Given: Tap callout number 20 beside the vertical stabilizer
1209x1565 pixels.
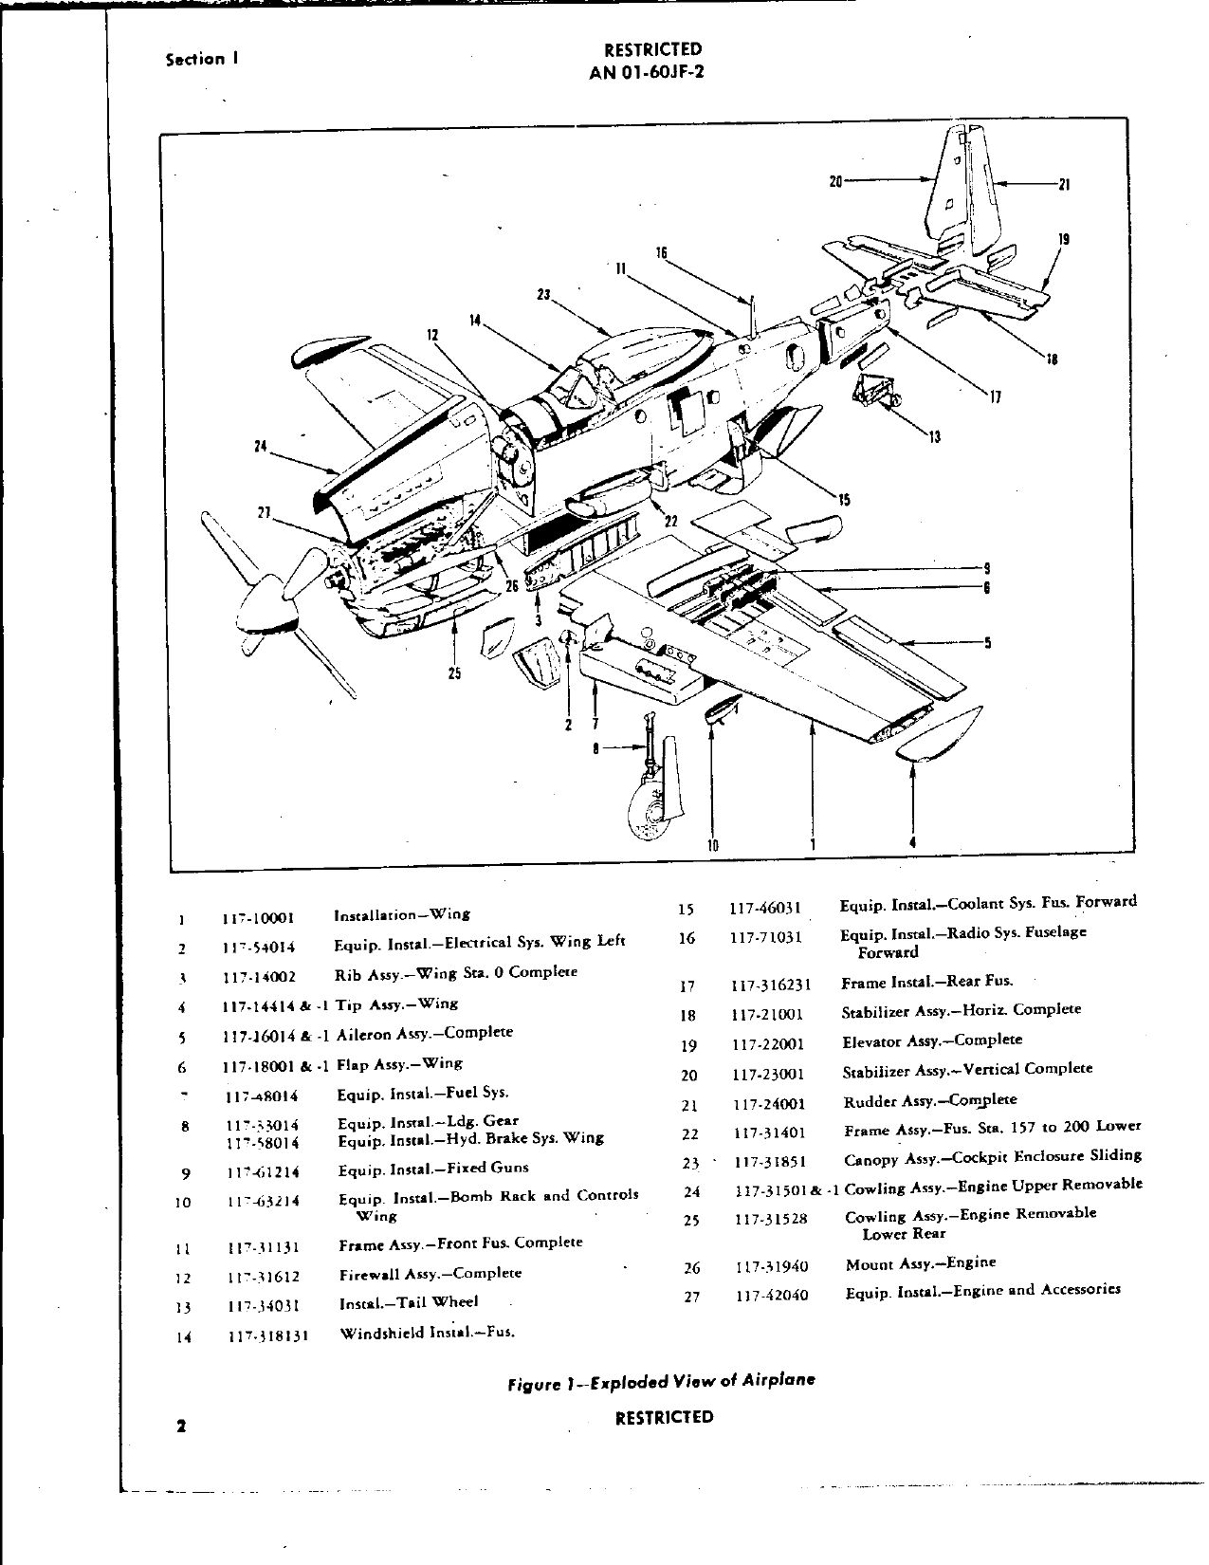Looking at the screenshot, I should [x=835, y=177].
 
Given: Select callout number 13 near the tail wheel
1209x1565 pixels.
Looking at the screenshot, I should [x=936, y=437].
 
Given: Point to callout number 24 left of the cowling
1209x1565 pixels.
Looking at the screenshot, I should [x=259, y=445].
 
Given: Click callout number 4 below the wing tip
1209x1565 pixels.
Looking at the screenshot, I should [x=912, y=841].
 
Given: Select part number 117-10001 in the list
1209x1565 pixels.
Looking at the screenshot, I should [x=260, y=917].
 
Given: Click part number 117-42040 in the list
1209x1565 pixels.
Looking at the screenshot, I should [x=772, y=1295].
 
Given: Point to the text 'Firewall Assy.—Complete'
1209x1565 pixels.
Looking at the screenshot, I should [x=430, y=1273].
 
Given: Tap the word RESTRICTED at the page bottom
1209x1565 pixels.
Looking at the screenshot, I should [x=664, y=1417].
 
